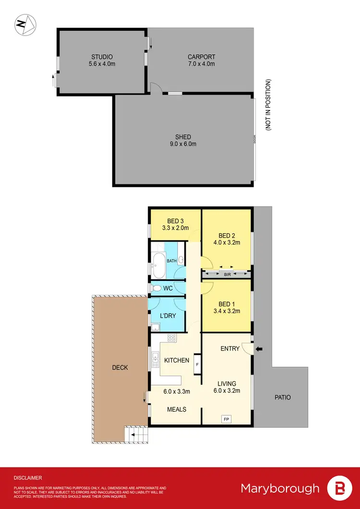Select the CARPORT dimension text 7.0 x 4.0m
201,64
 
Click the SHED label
183,137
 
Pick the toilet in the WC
156,288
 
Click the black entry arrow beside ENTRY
260,349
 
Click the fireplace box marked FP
226,419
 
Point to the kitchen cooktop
171,338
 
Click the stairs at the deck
137,435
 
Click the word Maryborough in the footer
280,488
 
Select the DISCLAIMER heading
28,478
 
